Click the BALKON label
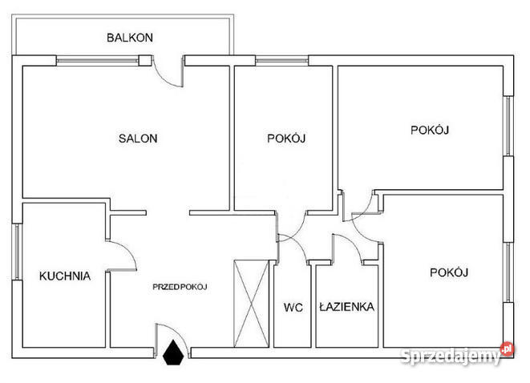pyautogui.click(x=130, y=38)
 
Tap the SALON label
pyautogui.click(x=138, y=139)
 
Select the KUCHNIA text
pyautogui.click(x=65, y=276)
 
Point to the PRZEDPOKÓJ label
pyautogui.click(x=180, y=287)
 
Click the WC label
pyautogui.click(x=293, y=308)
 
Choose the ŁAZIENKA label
pyautogui.click(x=347, y=307)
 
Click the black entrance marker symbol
pyautogui.click(x=173, y=353)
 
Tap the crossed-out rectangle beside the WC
pyautogui.click(x=251, y=304)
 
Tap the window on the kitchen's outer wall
pyautogui.click(x=16, y=252)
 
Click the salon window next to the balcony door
pyautogui.click(x=97, y=61)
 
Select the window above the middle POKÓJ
pyautogui.click(x=282, y=61)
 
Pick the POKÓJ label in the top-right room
pyautogui.click(x=430, y=131)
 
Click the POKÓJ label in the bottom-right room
pyautogui.click(x=449, y=272)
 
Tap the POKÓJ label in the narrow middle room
pyautogui.click(x=286, y=139)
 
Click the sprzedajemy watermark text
pyautogui.click(x=451, y=357)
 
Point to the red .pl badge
pyautogui.click(x=507, y=349)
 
